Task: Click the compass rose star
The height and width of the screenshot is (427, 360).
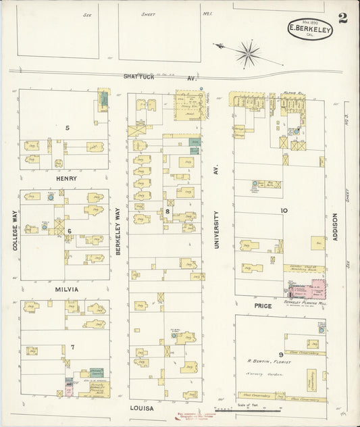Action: tap(249, 52)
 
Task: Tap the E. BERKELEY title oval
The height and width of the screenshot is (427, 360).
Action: tap(310, 28)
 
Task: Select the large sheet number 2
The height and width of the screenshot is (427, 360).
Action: tap(343, 18)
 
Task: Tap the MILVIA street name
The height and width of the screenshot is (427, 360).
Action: tap(67, 289)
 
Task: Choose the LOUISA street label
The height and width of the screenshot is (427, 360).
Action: tap(143, 409)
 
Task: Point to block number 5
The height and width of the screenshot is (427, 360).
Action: tap(67, 128)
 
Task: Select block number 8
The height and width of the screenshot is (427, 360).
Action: tap(167, 211)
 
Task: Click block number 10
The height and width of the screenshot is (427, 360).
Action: tap(284, 211)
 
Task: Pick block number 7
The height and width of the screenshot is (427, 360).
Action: tap(72, 347)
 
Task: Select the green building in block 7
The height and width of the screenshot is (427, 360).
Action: tap(97, 373)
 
